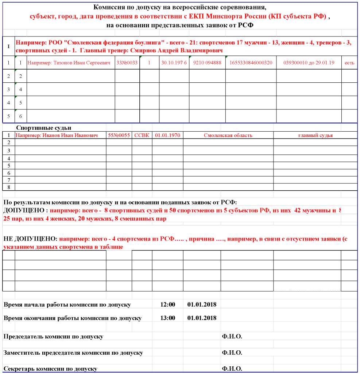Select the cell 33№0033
127,63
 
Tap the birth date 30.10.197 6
174,63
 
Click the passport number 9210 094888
207,63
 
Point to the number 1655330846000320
251,63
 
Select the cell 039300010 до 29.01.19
309,63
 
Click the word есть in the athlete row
349,63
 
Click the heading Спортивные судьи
43,128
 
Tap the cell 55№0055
119,135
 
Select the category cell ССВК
142,135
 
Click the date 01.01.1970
167,135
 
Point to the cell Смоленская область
228,135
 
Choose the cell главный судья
315,135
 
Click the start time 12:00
167,305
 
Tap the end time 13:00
167,318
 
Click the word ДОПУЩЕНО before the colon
24,210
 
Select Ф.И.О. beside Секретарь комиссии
232,369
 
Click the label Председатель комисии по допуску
53,336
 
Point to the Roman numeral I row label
9,46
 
